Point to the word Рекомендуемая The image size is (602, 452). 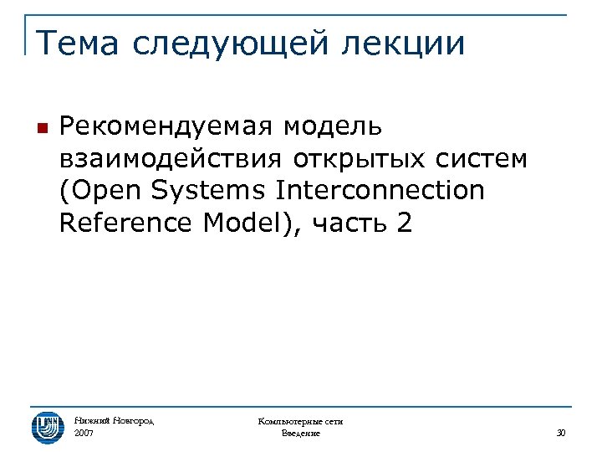point(166,127)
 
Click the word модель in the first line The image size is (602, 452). point(333,127)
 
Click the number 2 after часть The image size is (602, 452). point(406,223)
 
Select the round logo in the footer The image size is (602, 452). point(48,427)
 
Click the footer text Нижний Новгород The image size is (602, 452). point(115,421)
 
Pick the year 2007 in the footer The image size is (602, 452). point(84,434)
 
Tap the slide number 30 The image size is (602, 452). point(561,434)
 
